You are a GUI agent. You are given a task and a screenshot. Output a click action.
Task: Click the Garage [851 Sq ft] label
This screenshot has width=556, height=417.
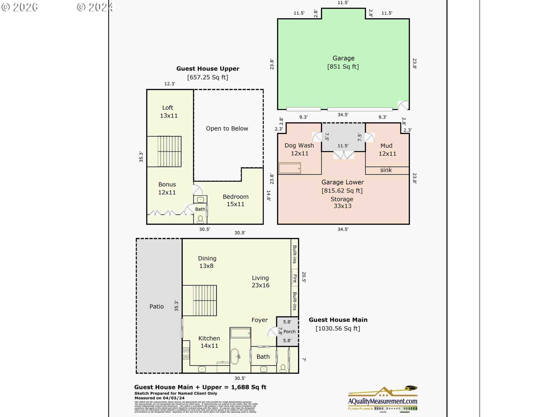(x=343, y=62)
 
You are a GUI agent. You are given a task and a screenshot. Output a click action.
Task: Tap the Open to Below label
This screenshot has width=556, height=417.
(x=227, y=128)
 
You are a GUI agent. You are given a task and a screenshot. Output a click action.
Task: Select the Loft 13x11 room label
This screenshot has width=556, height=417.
(x=168, y=111)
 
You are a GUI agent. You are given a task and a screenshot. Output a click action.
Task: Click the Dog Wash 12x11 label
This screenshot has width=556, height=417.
(x=299, y=149)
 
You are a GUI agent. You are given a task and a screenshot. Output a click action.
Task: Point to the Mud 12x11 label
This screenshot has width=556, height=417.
(x=387, y=149)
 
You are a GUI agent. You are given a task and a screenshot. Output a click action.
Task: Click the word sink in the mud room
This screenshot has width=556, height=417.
(x=386, y=170)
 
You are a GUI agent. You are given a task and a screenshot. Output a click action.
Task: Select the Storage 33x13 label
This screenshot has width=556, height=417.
(x=342, y=202)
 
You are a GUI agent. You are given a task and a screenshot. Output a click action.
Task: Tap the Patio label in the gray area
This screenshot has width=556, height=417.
(x=157, y=306)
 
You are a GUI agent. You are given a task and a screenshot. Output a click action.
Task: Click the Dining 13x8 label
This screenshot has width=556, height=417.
(x=207, y=262)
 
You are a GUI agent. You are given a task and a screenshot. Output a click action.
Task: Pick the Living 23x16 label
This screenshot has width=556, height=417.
(x=260, y=281)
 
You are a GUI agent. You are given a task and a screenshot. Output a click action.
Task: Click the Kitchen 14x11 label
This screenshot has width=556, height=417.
(x=209, y=342)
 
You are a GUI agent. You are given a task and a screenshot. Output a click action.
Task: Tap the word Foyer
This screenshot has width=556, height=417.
(x=259, y=320)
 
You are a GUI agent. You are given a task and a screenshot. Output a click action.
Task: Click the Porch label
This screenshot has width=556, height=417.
(x=289, y=332)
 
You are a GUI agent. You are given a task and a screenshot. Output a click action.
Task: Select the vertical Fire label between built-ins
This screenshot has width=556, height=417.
(x=295, y=278)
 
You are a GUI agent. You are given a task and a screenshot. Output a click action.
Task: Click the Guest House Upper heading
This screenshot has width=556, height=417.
(x=208, y=69)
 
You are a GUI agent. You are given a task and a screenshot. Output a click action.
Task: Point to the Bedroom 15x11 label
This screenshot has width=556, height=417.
(x=235, y=200)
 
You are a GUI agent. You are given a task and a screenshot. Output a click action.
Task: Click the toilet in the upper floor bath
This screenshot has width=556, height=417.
(x=200, y=219)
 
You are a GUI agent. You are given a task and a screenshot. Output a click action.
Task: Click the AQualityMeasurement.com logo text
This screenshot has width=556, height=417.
(x=382, y=401)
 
